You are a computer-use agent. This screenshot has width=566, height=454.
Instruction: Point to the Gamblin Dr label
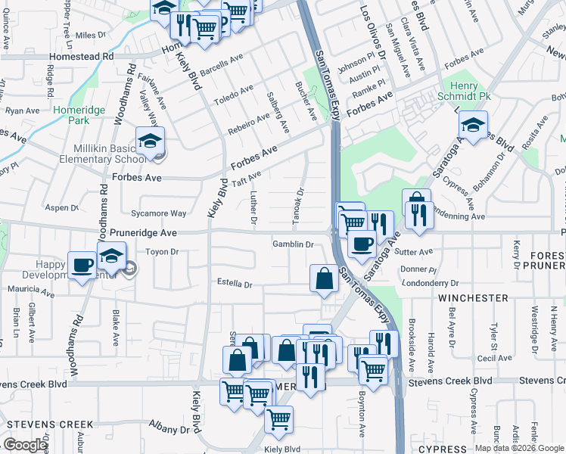pos(293,244)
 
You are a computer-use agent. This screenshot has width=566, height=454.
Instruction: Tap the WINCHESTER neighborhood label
pos(473,298)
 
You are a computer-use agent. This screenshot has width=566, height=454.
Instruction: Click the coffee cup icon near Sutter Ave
pos(362,244)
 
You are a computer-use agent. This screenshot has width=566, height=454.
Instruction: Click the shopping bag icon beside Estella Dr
pos(324,278)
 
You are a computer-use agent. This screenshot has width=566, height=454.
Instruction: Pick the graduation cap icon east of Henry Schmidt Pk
pos(473,125)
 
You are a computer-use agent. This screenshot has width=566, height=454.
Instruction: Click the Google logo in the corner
pos(25,445)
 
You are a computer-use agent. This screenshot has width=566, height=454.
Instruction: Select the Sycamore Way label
pos(158,214)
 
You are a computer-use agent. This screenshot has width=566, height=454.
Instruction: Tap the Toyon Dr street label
pos(161,251)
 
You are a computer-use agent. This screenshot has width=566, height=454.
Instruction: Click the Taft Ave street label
pos(246,181)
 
